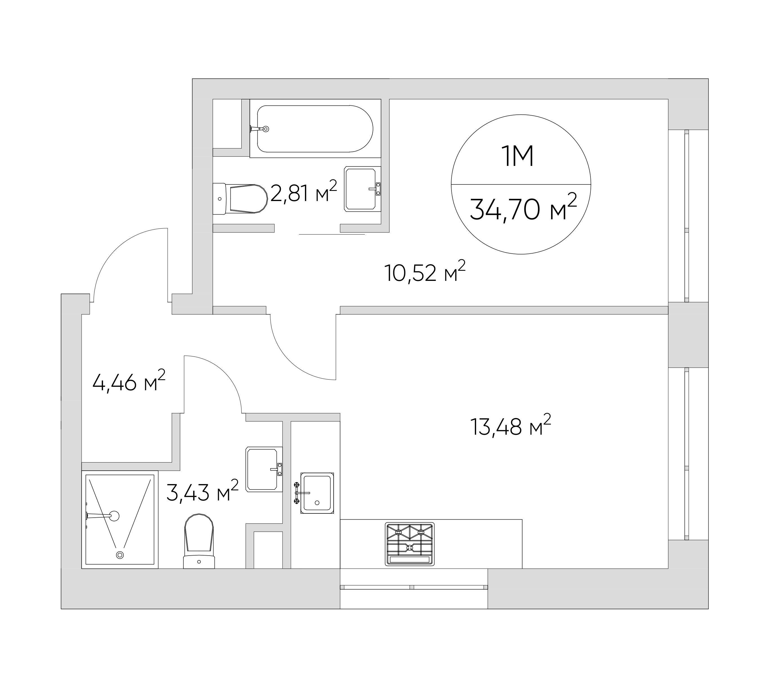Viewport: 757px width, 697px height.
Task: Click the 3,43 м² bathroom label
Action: tap(202, 491)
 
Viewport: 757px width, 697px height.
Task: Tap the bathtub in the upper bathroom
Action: tap(315, 128)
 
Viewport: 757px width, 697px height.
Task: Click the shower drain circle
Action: tap(120, 555)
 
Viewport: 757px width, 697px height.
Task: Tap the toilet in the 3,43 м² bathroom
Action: tap(199, 541)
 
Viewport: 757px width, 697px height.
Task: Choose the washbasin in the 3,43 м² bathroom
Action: tap(264, 469)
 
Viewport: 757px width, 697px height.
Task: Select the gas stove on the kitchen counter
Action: tap(410, 544)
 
